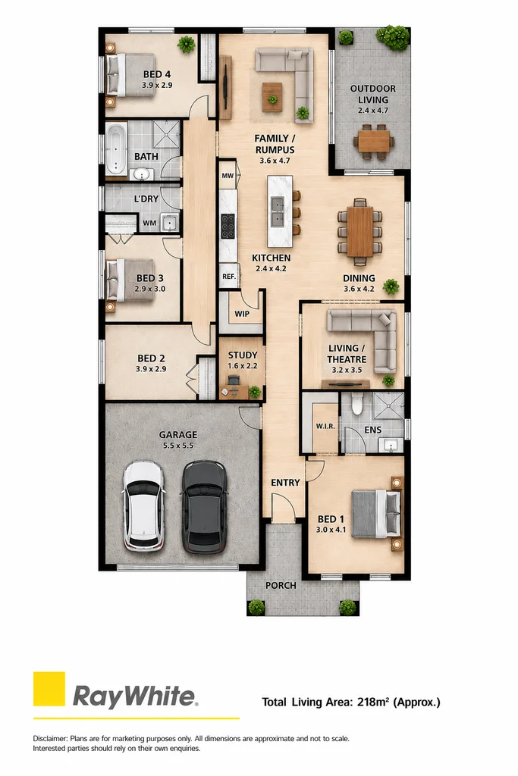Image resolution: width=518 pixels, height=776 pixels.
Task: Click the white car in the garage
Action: pyautogui.click(x=143, y=505)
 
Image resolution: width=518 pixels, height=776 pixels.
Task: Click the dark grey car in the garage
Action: pyautogui.click(x=205, y=506)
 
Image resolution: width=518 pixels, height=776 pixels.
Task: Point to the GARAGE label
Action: pyautogui.click(x=177, y=434)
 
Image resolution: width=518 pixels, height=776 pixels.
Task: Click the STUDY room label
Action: pyautogui.click(x=243, y=355)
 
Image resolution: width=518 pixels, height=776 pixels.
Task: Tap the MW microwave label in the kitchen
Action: pyautogui.click(x=228, y=176)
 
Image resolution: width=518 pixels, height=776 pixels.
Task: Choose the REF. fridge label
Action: pyautogui.click(x=229, y=276)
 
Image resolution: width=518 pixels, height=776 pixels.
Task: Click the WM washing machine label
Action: pyautogui.click(x=149, y=223)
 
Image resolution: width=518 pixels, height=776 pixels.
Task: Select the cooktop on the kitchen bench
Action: pyautogui.click(x=228, y=226)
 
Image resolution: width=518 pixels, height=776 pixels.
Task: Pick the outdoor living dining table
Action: pyautogui.click(x=374, y=141)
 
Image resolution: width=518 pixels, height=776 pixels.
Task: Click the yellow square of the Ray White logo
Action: pyautogui.click(x=49, y=688)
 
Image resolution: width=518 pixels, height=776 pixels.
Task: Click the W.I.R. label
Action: pyautogui.click(x=325, y=426)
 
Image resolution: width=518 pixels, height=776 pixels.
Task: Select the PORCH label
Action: pyautogui.click(x=281, y=586)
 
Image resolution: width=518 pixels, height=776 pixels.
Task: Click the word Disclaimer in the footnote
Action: pyautogui.click(x=50, y=738)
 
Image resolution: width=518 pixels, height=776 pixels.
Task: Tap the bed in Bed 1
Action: pyautogui.click(x=376, y=513)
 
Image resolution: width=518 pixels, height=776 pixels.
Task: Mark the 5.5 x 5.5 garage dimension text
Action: pyautogui.click(x=177, y=446)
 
